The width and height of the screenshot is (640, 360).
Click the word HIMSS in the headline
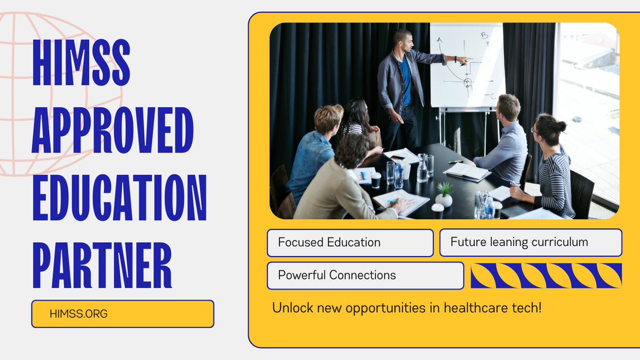[81, 62]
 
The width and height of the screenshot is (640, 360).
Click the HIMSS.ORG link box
[123, 314]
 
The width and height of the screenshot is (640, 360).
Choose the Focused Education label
[350, 243]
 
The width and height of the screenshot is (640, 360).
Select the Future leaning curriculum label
[530, 242]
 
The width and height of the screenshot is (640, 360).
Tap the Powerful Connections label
[365, 275]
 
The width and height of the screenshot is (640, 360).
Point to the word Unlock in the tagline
[290, 308]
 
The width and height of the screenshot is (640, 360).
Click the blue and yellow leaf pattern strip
[546, 275]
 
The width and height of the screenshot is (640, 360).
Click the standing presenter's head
[403, 40]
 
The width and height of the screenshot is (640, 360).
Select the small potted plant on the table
[444, 195]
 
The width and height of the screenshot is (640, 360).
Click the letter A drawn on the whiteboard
[439, 40]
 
